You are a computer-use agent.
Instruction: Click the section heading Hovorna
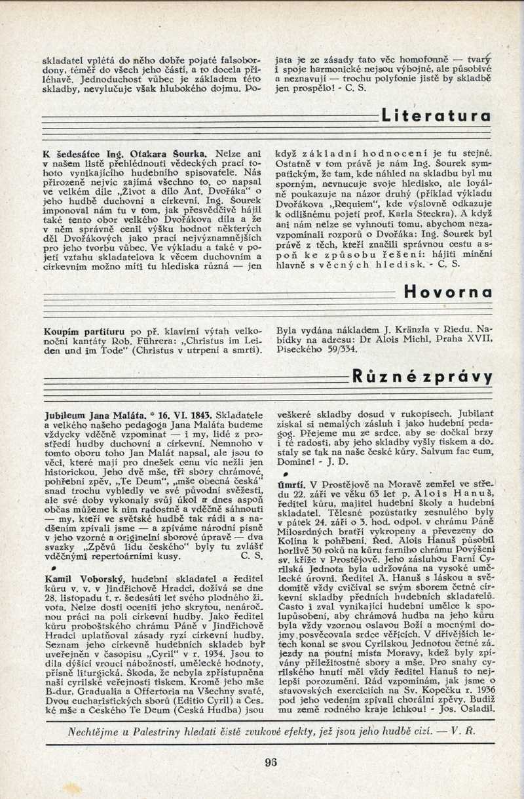coord(448,291)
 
